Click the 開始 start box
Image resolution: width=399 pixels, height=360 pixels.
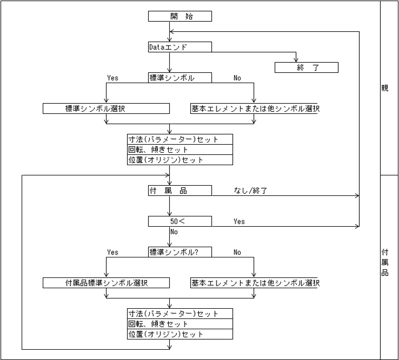pyautogui.click(x=180, y=16)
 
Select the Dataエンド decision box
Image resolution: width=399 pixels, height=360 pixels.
pyautogui.click(x=180, y=47)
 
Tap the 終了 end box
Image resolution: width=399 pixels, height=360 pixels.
pyautogui.click(x=306, y=68)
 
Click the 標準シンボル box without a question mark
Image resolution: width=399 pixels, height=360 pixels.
pyautogui.click(x=180, y=77)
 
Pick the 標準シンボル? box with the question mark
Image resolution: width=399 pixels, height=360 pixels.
pyautogui.click(x=180, y=252)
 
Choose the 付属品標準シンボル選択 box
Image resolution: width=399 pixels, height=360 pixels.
pyautogui.click(x=107, y=283)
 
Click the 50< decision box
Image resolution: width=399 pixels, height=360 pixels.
pyautogui.click(x=180, y=221)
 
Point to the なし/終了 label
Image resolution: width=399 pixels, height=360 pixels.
pyautogui.click(x=251, y=191)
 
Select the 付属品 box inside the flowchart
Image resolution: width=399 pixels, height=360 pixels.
pyautogui.click(x=180, y=190)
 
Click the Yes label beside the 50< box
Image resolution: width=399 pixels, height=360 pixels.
pyautogui.click(x=239, y=222)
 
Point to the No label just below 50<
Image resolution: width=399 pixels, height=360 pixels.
pyautogui.click(x=174, y=232)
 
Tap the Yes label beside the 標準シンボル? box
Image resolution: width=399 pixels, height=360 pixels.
pyautogui.click(x=113, y=252)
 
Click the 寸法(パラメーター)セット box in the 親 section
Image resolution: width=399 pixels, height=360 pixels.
pyautogui.click(x=180, y=139)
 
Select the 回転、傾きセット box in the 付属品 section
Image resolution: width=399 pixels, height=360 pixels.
pyautogui.click(x=180, y=324)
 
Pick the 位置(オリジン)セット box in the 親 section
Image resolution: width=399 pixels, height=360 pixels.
pyautogui.click(x=180, y=160)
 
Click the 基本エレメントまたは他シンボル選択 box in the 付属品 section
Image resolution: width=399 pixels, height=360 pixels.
pyautogui.click(x=254, y=283)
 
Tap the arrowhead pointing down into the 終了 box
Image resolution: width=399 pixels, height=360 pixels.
pyautogui.click(x=296, y=59)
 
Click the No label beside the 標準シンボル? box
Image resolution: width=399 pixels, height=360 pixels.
pyautogui.click(x=237, y=252)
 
